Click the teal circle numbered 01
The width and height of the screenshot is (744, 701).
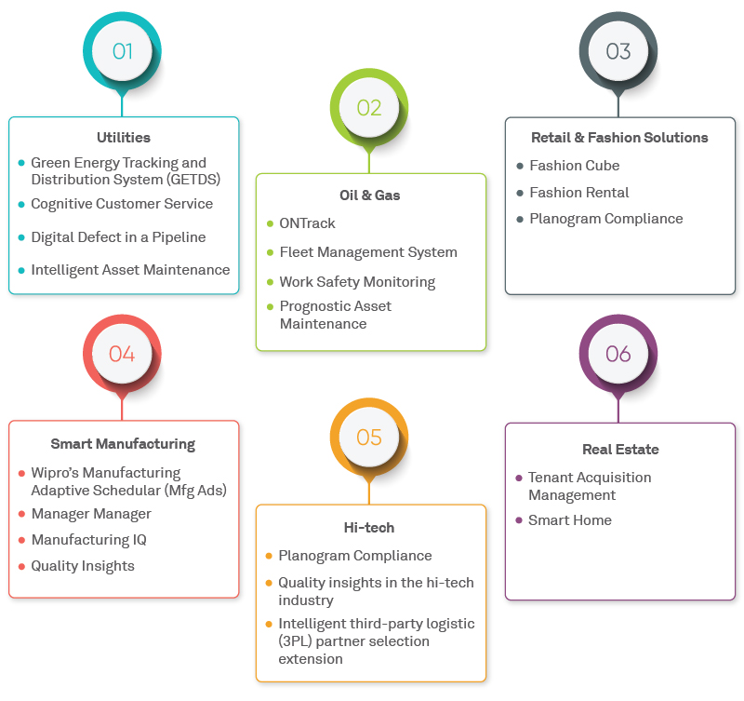pyautogui.click(x=122, y=51)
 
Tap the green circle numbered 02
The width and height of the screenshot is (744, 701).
pyautogui.click(x=369, y=108)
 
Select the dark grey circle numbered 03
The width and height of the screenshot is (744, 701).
pyautogui.click(x=618, y=51)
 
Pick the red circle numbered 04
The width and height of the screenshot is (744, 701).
pyautogui.click(x=122, y=354)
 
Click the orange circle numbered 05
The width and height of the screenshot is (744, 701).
pyautogui.click(x=369, y=437)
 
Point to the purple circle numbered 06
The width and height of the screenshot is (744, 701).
pyautogui.click(x=618, y=354)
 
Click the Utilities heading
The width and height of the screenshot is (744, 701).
pyautogui.click(x=124, y=138)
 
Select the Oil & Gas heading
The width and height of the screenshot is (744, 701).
pyautogui.click(x=370, y=195)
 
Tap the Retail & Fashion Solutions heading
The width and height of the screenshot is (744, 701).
pyautogui.click(x=619, y=138)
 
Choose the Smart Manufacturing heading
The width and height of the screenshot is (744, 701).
pyautogui.click(x=123, y=444)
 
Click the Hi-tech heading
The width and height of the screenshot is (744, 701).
pyautogui.click(x=369, y=528)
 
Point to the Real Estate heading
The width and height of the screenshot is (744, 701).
pyautogui.click(x=620, y=450)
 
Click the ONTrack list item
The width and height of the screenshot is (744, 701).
pyautogui.click(x=307, y=223)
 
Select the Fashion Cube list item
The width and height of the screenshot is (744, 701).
pyautogui.click(x=574, y=166)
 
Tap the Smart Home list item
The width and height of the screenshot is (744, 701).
pyautogui.click(x=569, y=520)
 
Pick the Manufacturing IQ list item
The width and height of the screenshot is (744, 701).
pyautogui.click(x=88, y=540)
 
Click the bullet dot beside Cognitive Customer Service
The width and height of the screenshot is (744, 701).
pyautogui.click(x=21, y=204)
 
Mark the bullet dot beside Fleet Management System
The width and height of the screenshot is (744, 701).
pyautogui.click(x=270, y=252)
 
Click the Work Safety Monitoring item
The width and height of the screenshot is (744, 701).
pyautogui.click(x=357, y=281)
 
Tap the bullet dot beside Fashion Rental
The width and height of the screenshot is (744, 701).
pyautogui.click(x=520, y=193)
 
